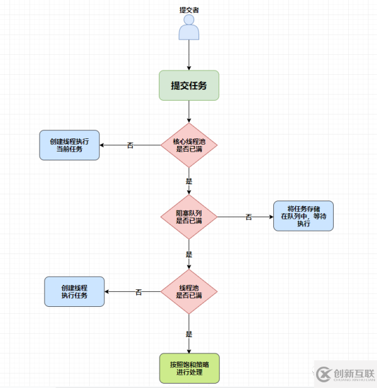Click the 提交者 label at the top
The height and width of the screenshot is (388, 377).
tap(188, 10)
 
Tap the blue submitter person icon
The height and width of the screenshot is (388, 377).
tap(188, 29)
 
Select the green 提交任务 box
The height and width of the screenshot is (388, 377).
tap(188, 86)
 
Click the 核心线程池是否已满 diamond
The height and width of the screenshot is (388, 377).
tap(188, 145)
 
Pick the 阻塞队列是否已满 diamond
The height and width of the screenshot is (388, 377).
tap(188, 217)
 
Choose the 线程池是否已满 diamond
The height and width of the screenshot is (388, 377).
tap(188, 292)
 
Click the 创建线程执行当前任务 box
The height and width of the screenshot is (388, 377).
tap(69, 145)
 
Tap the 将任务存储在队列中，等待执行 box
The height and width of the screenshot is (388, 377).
tap(303, 216)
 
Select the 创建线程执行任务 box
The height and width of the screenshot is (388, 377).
tap(74, 291)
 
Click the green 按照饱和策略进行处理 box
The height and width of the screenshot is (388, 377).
tap(189, 368)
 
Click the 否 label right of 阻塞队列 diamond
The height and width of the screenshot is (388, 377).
tap(248, 217)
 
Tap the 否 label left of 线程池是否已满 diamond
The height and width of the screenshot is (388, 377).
tap(139, 292)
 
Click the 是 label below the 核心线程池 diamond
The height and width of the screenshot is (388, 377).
tap(188, 180)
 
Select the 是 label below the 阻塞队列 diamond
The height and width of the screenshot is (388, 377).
tap(188, 255)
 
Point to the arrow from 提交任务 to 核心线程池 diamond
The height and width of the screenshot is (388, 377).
tap(188, 111)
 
